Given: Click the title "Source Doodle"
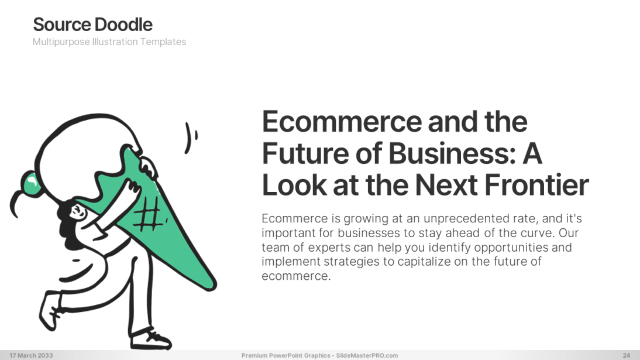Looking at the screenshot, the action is point(92,25).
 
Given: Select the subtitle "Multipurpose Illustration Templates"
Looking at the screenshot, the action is point(109,42).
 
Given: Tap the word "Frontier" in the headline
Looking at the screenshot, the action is point(536,185).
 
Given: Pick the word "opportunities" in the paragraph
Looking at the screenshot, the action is point(511,248).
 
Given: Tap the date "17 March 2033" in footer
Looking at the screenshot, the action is point(31,355).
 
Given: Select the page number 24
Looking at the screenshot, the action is point(627,355).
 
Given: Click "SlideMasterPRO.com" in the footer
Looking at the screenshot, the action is point(367,355).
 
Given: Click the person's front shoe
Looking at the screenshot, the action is point(150,339).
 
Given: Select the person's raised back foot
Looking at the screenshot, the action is point(49,311).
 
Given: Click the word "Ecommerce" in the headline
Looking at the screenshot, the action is point(341,122).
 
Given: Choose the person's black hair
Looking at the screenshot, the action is point(70,229).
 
